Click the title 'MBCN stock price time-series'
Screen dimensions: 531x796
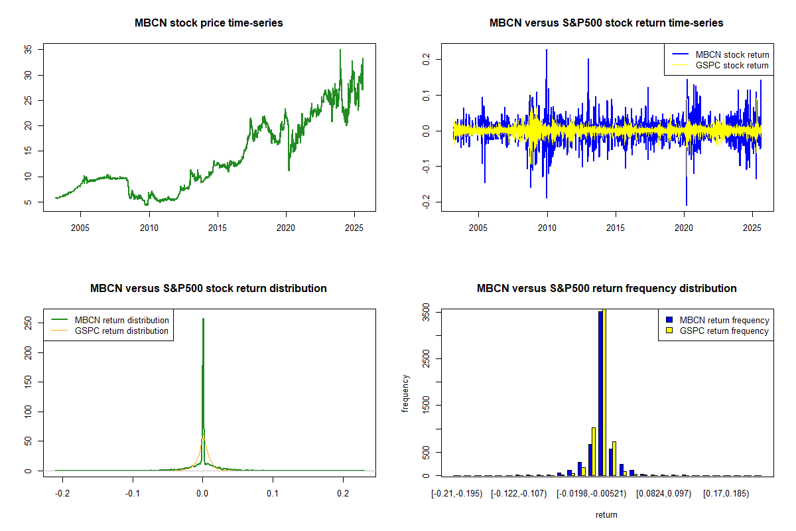point(209,23)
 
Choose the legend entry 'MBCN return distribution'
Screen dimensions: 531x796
point(121,320)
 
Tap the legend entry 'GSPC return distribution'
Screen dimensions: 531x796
point(121,331)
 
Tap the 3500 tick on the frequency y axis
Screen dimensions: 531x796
point(426,312)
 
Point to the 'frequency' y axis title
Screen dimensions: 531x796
point(405,394)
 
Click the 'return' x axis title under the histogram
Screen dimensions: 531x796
point(606,514)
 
